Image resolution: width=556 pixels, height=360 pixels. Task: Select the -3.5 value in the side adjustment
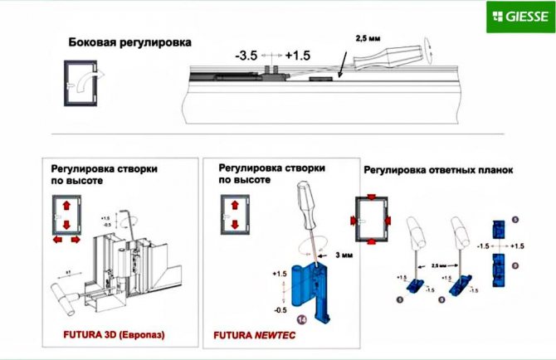[246, 56]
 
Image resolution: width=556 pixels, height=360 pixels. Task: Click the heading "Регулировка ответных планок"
[437, 171]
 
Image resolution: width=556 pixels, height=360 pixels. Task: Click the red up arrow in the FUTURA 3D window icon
[62, 204]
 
